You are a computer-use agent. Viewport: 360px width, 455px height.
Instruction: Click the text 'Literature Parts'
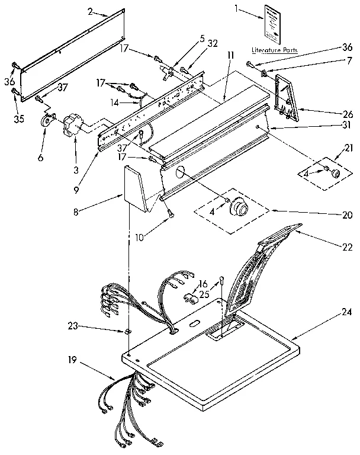pyautogui.click(x=274, y=50)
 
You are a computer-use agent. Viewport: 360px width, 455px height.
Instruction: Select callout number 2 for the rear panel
pyautogui.click(x=90, y=11)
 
